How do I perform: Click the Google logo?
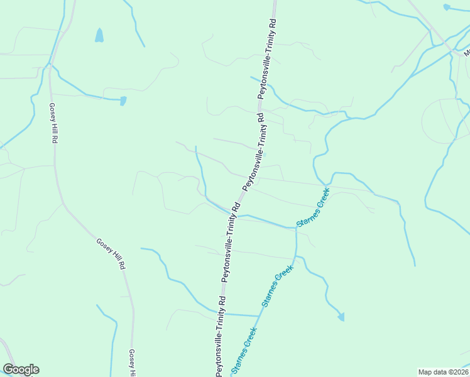[21, 369]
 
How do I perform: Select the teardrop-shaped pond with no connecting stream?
[99, 35]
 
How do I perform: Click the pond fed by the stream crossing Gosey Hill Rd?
[123, 101]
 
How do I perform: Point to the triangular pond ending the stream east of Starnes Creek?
[341, 317]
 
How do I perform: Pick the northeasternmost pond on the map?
[446, 8]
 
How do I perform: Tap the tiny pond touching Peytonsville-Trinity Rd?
[265, 155]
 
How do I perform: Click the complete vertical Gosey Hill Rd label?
[53, 124]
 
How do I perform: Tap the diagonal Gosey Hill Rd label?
[111, 254]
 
